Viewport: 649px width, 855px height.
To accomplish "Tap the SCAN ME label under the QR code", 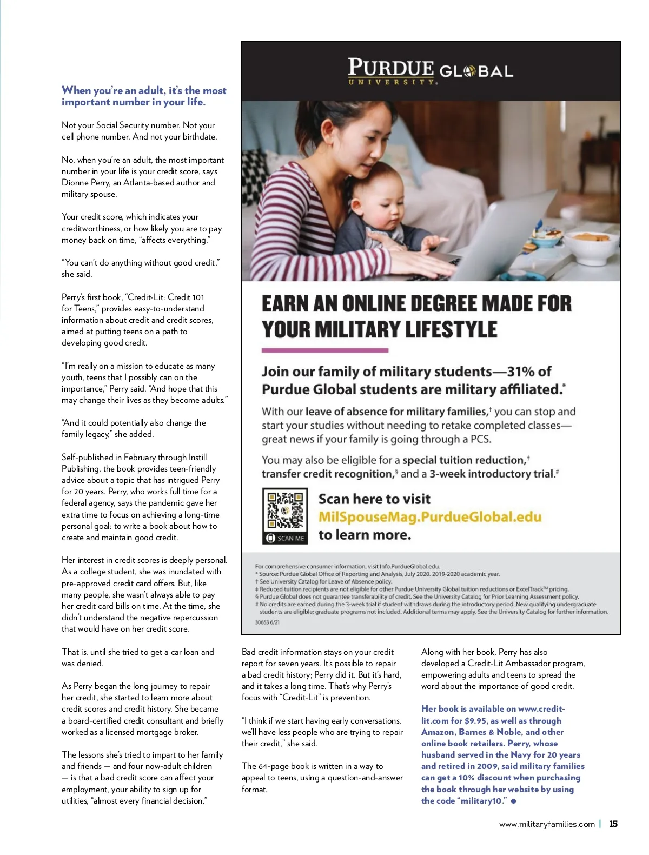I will (x=286, y=538).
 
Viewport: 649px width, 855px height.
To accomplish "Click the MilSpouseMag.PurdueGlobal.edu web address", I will (x=429, y=517).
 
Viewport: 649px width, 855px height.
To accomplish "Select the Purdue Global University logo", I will (x=431, y=71).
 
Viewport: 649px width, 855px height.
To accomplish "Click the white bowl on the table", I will (x=593, y=246).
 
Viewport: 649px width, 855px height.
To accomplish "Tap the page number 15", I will (x=613, y=824).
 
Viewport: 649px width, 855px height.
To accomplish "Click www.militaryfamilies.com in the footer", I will (x=547, y=824).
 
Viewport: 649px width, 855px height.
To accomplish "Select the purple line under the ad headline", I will (x=325, y=350).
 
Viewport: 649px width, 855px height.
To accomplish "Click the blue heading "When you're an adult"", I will (x=144, y=96).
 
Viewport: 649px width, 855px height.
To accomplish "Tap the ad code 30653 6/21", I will (x=267, y=622).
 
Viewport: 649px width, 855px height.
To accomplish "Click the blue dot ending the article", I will (x=513, y=801).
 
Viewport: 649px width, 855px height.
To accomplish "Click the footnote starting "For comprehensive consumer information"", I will (x=347, y=566).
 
